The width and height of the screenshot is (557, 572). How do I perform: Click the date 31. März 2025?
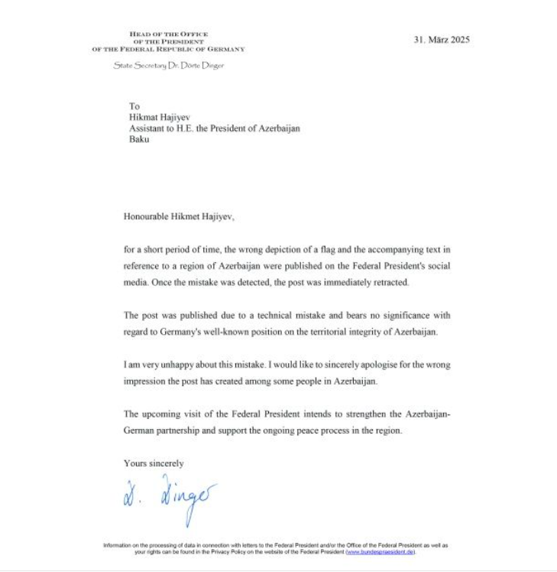tap(442, 40)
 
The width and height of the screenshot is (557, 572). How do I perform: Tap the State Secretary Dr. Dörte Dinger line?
tap(168, 66)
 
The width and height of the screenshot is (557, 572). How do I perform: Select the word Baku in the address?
tap(139, 139)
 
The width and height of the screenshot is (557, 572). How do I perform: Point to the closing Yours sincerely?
tap(154, 463)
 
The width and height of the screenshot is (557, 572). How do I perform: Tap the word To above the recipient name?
tap(134, 106)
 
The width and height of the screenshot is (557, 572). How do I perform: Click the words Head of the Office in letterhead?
tap(169, 34)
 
